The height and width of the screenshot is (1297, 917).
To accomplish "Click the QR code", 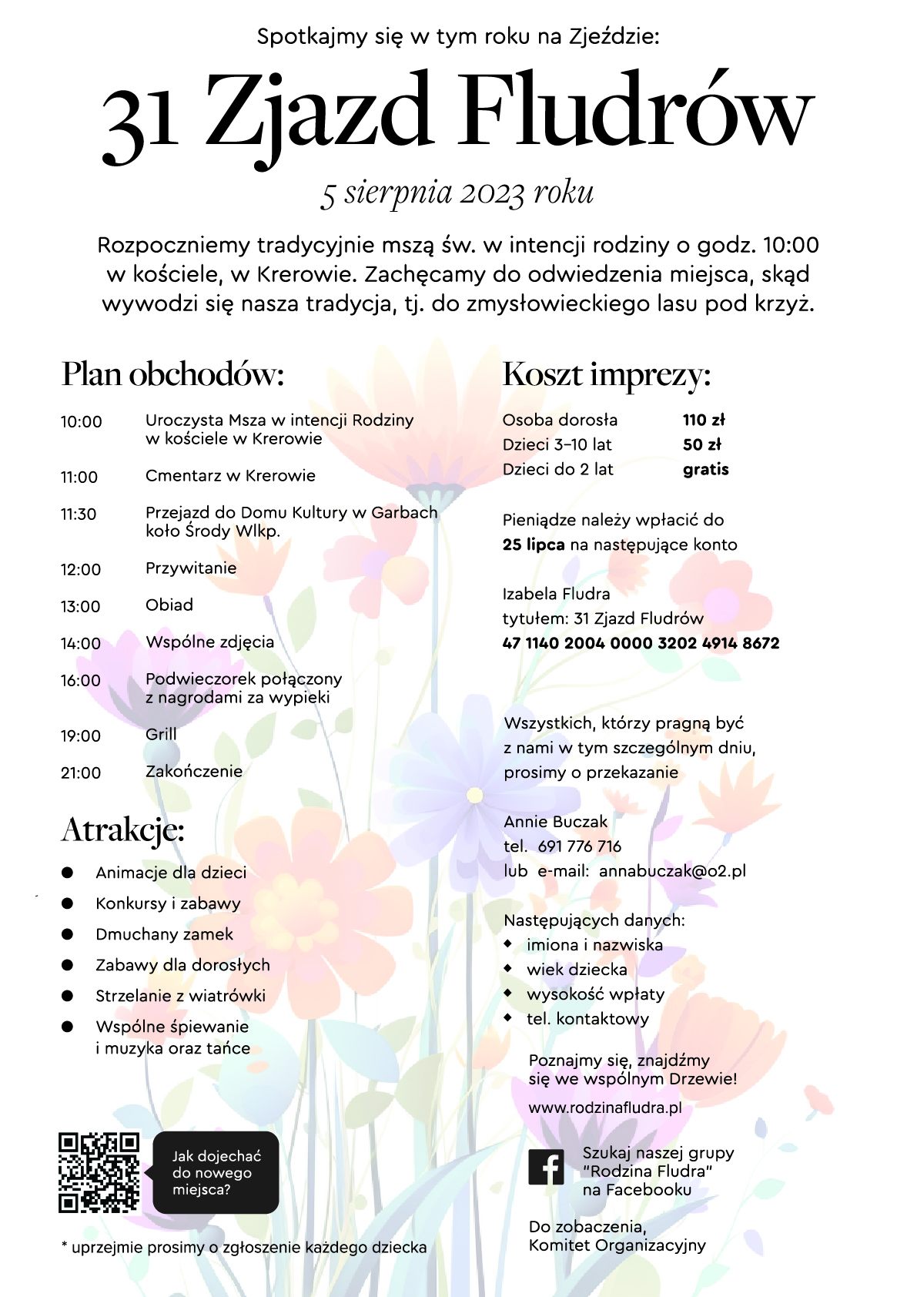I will coord(99,1172).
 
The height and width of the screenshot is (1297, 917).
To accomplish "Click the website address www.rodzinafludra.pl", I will coord(605,1108).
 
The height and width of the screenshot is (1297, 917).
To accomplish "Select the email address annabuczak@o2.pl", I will coord(672,871).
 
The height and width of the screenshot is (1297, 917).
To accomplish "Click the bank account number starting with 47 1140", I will coord(641,643).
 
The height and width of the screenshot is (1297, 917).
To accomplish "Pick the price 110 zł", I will coord(704,420).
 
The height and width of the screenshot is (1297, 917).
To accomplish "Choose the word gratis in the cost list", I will coord(705,469).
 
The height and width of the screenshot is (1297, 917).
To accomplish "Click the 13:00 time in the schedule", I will coord(81,607).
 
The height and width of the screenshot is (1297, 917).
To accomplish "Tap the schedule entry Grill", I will coord(161,734).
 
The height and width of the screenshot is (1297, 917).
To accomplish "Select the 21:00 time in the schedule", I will coord(81,773).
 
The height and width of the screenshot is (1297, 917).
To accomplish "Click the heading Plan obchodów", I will coord(173,375).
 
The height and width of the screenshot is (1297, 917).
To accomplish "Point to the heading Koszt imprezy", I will coord(607,375).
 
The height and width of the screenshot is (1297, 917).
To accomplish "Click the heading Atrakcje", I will coord(123,830).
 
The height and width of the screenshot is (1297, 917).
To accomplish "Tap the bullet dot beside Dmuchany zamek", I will coord(68,934).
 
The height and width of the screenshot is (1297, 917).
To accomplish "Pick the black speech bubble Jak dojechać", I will coord(216,1172).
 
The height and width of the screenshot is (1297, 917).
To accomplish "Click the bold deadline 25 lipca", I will coord(534,545).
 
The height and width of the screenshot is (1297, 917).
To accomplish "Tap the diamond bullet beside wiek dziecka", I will coord(508,968).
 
